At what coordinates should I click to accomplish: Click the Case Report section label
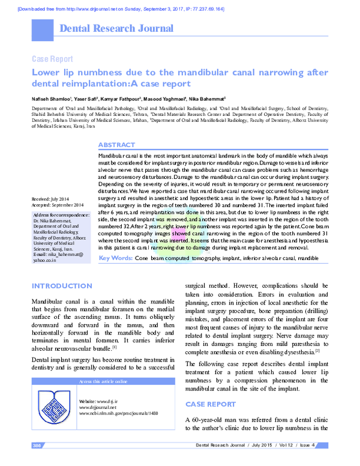click(x=52, y=59)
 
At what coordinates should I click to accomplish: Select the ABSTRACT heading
click(x=116, y=146)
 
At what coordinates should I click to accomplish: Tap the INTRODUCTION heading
click(x=61, y=286)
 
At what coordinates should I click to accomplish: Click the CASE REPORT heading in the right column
click(x=211, y=405)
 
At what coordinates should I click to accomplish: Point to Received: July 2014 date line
click(x=51, y=199)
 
